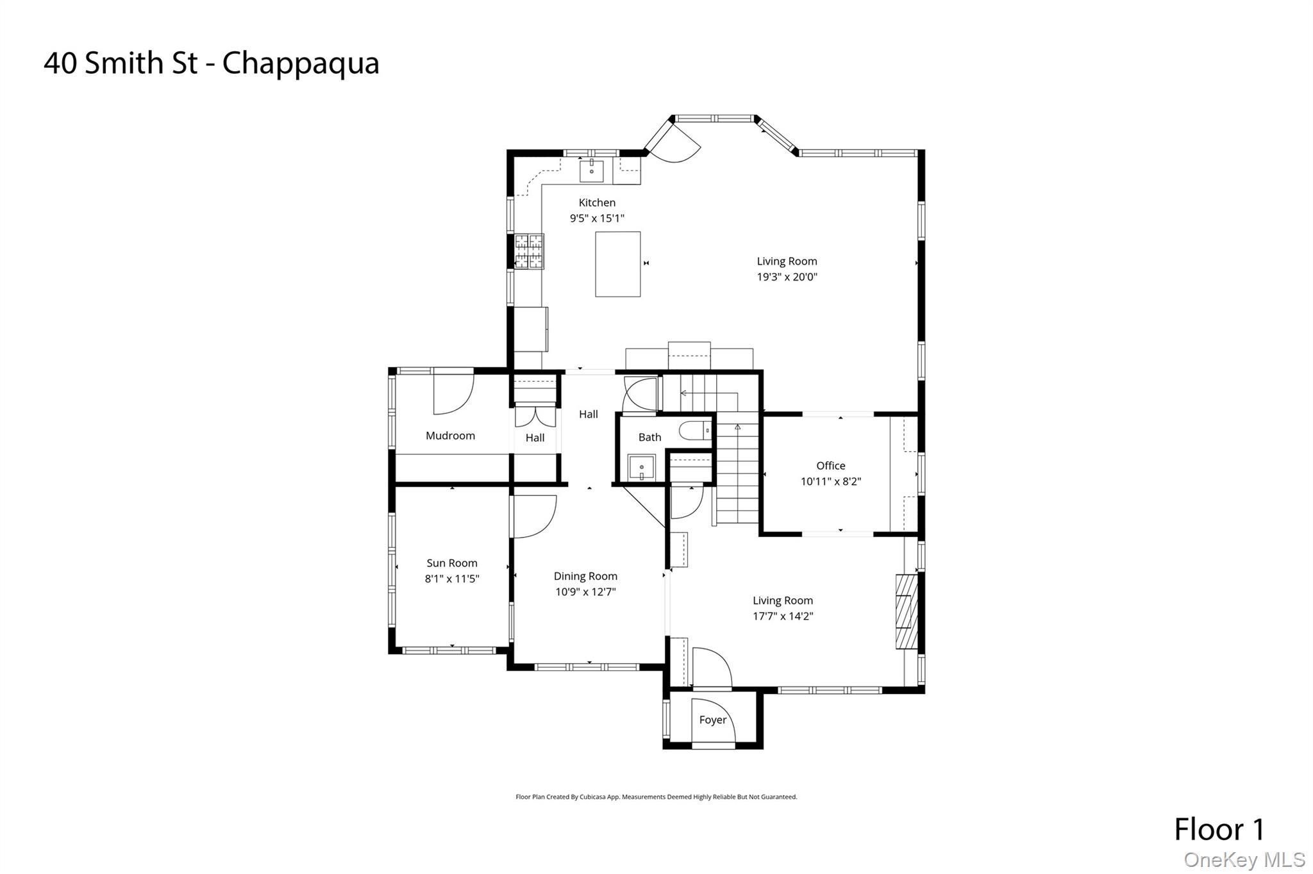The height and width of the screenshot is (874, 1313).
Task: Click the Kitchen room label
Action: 597,202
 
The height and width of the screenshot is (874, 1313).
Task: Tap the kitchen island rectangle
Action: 617,264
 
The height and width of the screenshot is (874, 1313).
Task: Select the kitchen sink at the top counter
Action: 591,172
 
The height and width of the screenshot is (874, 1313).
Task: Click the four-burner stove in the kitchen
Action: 529,251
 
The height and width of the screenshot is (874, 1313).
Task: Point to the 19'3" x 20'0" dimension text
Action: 787,277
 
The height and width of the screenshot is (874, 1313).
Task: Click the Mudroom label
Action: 450,436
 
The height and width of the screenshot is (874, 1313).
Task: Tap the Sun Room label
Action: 452,563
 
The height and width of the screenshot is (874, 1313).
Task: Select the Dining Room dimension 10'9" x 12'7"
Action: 585,592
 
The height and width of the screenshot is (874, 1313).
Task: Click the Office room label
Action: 831,466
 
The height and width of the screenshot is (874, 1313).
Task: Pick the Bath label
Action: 649,437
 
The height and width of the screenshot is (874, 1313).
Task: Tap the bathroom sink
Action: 641,467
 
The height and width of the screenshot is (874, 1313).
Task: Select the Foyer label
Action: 713,720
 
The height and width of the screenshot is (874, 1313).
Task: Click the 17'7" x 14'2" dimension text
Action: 783,616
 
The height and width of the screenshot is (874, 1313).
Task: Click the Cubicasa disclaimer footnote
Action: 656,797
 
